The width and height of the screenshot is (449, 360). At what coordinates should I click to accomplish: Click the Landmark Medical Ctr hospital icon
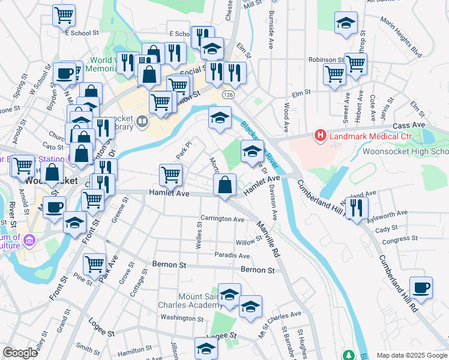(x=321, y=136)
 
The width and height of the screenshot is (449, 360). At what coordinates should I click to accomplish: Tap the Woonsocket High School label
(x=405, y=151)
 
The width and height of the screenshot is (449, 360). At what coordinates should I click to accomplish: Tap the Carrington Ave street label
(x=222, y=219)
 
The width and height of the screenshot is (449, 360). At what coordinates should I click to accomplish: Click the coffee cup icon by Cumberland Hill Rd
(x=421, y=287)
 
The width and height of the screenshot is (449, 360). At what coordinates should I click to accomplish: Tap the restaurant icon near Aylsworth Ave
(x=357, y=207)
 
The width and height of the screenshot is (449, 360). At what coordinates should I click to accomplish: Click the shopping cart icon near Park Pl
(x=170, y=175)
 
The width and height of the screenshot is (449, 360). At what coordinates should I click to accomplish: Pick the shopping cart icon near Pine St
(x=94, y=263)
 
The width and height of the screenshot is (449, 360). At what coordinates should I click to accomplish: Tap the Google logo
(x=20, y=353)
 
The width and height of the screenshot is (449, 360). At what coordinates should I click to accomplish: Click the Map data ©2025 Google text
(x=412, y=355)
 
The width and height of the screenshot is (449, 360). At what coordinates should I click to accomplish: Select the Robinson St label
(x=325, y=60)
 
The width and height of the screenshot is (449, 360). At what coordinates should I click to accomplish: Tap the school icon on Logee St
(x=206, y=348)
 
